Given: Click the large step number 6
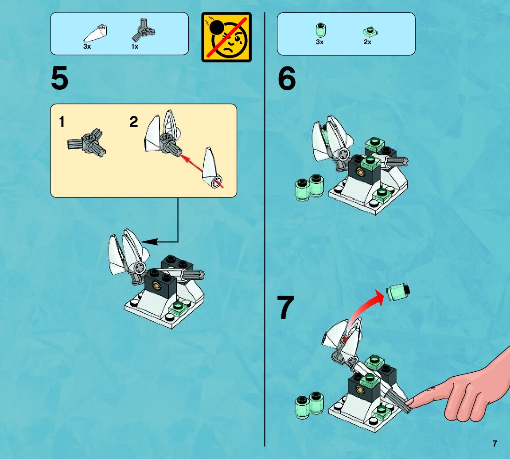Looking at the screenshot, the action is (x=287, y=78).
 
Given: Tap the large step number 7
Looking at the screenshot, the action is (x=286, y=307).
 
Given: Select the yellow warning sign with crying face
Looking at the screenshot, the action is (x=226, y=37).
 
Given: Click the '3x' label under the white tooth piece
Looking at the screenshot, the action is (x=87, y=46).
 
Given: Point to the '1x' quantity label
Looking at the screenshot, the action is (x=135, y=46).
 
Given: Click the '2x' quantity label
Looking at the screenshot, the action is (x=367, y=42).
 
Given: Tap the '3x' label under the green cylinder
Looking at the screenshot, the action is (x=319, y=42).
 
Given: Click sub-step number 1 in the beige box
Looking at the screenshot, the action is (x=62, y=122).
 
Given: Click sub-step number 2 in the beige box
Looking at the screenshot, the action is (x=134, y=122).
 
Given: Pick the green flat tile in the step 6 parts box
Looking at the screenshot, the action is (x=370, y=31).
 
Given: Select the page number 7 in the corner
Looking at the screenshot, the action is (x=494, y=444).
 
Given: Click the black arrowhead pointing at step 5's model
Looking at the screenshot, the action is (x=149, y=242).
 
